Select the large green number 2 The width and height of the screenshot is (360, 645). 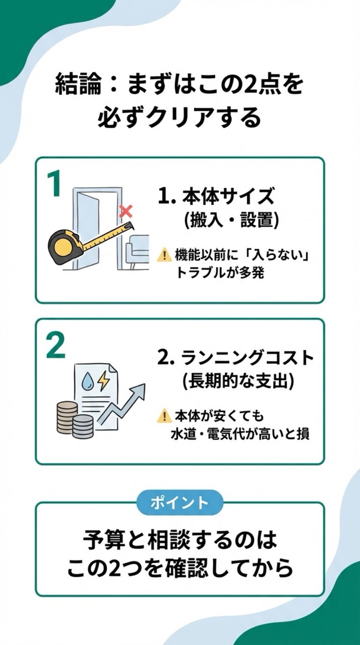tap(56, 347)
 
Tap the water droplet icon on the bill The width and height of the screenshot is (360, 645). tap(88, 381)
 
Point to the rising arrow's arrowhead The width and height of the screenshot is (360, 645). tap(139, 390)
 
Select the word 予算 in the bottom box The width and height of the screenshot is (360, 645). tap(102, 540)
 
